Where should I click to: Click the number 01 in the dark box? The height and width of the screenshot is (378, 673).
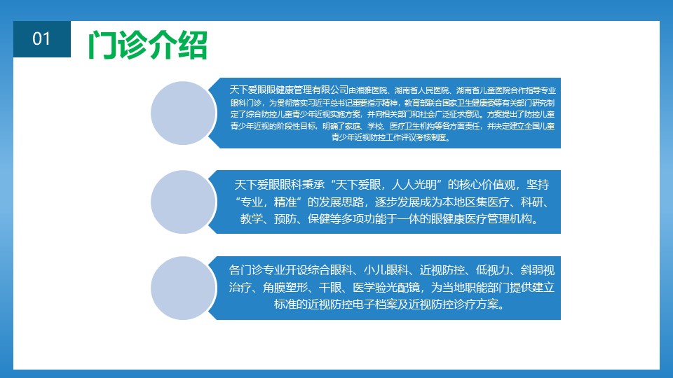pos(41,39)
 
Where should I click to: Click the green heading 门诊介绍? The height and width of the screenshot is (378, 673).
pos(148,45)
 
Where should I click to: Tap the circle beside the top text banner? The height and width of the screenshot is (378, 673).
pos(183,113)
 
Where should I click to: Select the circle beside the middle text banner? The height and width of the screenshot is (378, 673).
pos(183,202)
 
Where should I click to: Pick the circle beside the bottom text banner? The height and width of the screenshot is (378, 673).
pos(183,288)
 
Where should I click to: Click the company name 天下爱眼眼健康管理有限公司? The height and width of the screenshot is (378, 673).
pos(289,90)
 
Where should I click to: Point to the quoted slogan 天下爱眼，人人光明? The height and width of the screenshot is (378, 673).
pos(386,185)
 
